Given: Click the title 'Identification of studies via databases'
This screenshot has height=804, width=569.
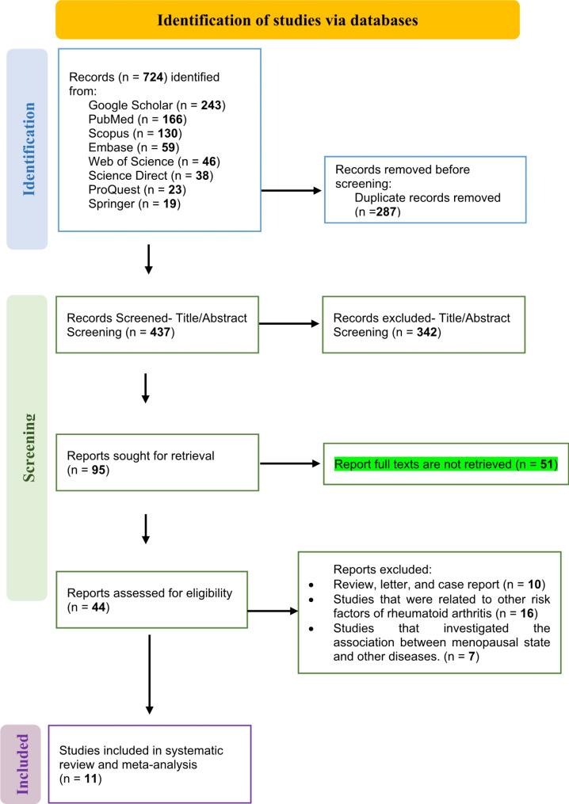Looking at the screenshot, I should click(x=287, y=20).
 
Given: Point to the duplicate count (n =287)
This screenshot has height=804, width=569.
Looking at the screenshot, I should click(x=379, y=212).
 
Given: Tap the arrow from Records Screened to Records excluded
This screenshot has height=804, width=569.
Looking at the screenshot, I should click(x=290, y=323).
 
